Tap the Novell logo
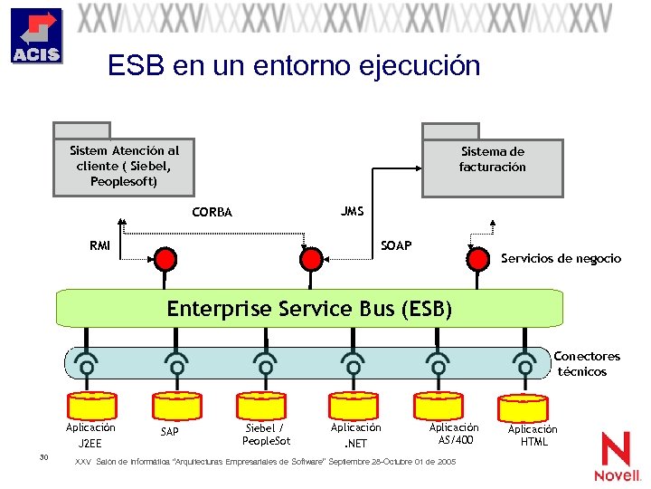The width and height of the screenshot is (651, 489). click(617, 456)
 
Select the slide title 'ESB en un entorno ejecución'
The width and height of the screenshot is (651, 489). click(293, 65)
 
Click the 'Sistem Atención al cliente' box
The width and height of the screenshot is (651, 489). click(124, 167)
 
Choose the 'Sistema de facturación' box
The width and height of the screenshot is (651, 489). click(492, 159)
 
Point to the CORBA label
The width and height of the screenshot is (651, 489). click(212, 213)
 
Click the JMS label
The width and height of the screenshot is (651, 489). click(353, 212)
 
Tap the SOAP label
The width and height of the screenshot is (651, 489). click(396, 245)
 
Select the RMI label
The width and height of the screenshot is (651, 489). click(100, 245)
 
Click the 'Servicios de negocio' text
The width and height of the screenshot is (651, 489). click(561, 259)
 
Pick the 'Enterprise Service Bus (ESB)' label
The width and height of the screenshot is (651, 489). click(308, 309)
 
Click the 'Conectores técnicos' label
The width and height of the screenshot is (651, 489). click(586, 364)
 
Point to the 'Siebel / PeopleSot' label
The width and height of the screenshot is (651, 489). click(266, 435)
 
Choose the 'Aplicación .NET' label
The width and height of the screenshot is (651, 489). click(355, 436)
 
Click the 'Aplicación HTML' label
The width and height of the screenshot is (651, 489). click(533, 436)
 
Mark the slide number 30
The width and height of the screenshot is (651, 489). click(43, 457)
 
